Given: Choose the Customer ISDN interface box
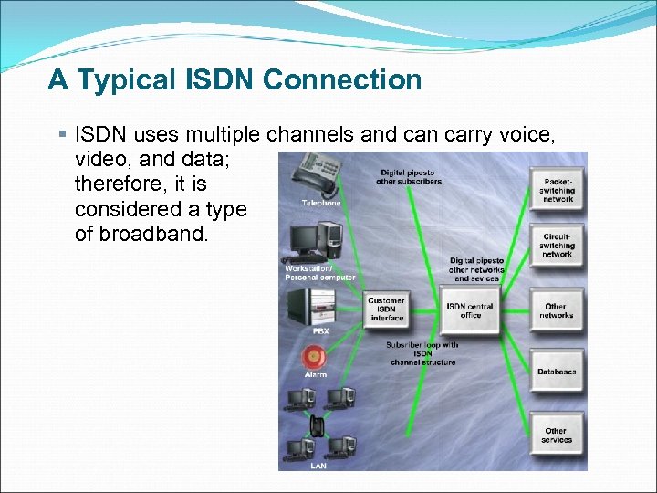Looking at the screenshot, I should pyautogui.click(x=387, y=309).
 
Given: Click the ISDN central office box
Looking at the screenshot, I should pyautogui.click(x=470, y=309).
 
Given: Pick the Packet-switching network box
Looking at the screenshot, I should pyautogui.click(x=557, y=189).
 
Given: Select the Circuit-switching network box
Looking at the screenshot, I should pyautogui.click(x=557, y=246).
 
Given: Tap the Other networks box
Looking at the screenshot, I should pyautogui.click(x=557, y=310).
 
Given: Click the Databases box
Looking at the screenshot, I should pyautogui.click(x=557, y=372).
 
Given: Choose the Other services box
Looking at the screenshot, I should pyautogui.click(x=557, y=435).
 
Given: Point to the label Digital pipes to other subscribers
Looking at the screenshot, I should pyautogui.click(x=408, y=176).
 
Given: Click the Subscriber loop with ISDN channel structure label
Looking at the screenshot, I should pyautogui.click(x=422, y=353).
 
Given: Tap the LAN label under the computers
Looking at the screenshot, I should pyautogui.click(x=318, y=466).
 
